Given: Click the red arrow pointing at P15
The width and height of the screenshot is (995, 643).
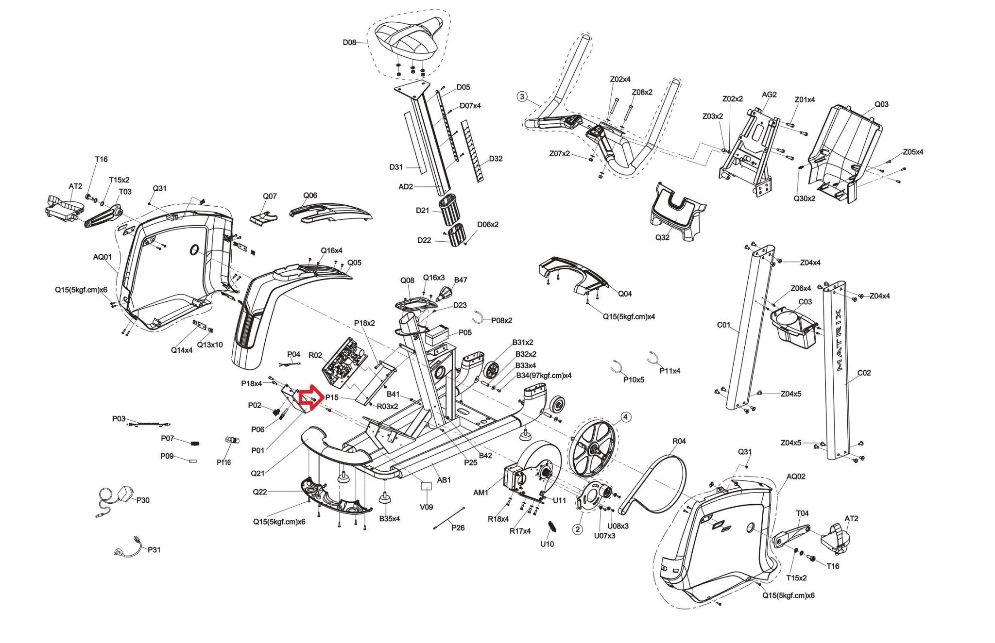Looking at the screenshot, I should pos(308,397).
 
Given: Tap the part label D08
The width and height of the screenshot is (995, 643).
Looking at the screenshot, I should pos(349,42).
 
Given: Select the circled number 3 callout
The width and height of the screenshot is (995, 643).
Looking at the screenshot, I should pos(522,97).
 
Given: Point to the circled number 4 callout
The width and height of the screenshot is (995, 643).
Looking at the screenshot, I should pos(625,417).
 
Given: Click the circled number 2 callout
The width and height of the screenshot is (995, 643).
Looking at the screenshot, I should pos(577,529).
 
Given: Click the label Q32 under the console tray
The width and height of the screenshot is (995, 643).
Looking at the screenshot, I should pos(662,238).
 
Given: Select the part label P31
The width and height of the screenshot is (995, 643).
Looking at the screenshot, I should pos(154,550).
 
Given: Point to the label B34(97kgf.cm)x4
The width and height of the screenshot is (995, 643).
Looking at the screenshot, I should pos(543,376).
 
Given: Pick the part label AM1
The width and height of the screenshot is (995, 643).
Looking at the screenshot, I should pos(480,493).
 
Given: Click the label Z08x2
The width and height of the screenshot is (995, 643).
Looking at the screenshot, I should pos(642,92).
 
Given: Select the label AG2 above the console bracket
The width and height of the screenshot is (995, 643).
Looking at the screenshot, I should pos(769,95).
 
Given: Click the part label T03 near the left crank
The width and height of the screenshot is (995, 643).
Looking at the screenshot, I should pos(125,192).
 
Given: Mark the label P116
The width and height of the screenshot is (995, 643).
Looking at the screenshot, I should pos(223,462).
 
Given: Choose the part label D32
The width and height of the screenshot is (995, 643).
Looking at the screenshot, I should pos(496,159).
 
